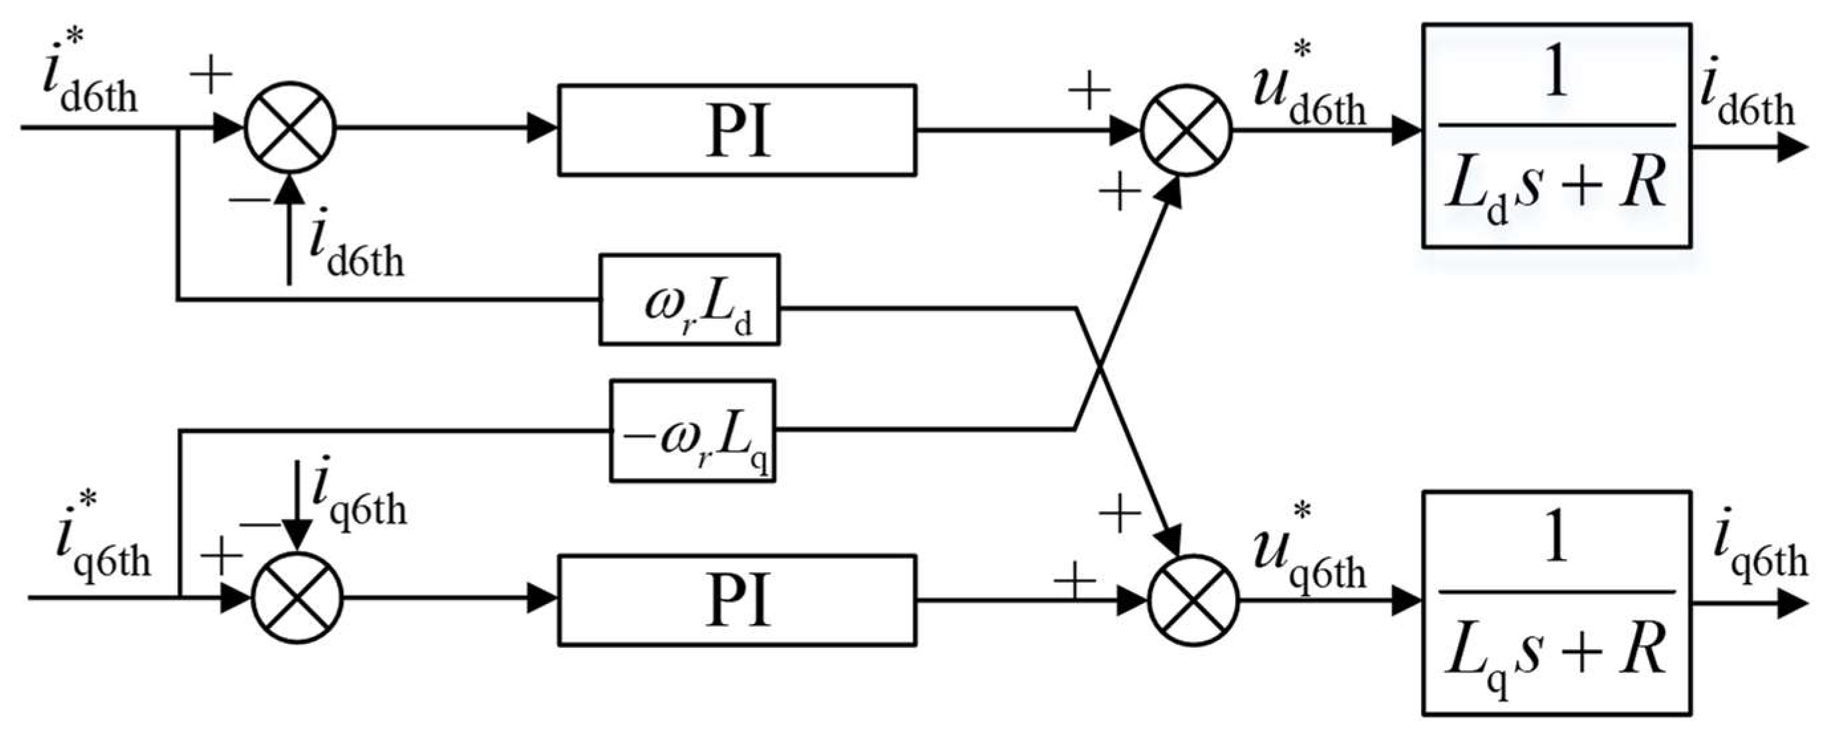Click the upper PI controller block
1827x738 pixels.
(x=736, y=130)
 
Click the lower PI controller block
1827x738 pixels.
(x=736, y=600)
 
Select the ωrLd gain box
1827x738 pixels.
(x=689, y=300)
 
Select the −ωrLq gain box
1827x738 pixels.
(x=692, y=431)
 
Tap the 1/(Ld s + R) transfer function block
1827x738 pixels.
(x=1556, y=135)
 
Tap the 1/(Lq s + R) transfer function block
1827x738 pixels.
(x=1556, y=602)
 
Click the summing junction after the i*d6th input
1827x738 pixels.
(x=289, y=127)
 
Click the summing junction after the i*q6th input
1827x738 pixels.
(x=298, y=599)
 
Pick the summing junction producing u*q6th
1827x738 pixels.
(x=1193, y=600)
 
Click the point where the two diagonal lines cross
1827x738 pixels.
(x=1099, y=368)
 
